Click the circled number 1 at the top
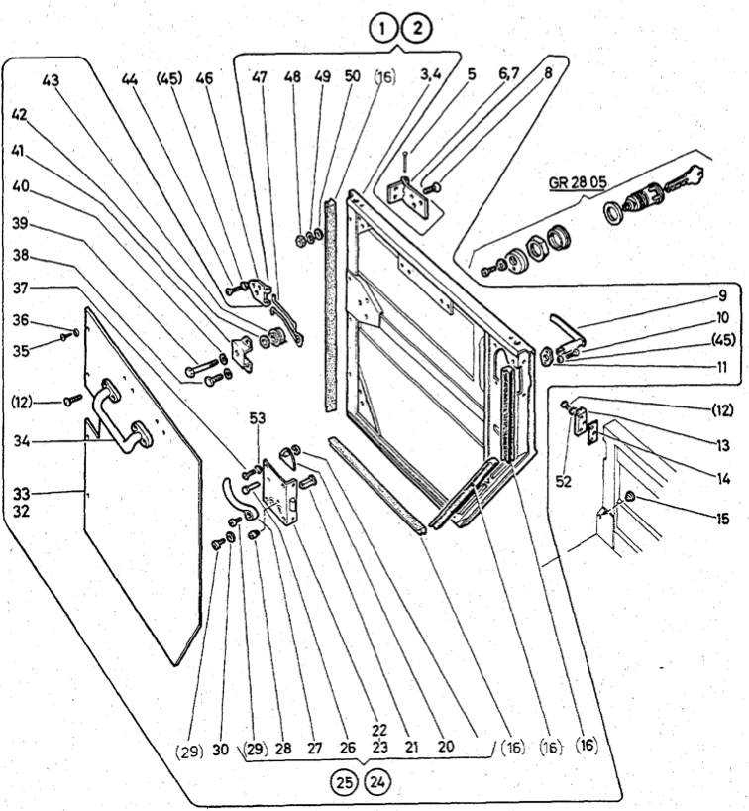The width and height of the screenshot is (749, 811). pyautogui.click(x=383, y=28)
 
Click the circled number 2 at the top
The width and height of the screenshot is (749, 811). pyautogui.click(x=417, y=28)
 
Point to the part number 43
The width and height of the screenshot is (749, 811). pyautogui.click(x=52, y=78)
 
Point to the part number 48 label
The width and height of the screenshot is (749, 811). pyautogui.click(x=291, y=76)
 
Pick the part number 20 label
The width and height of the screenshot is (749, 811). pyautogui.click(x=445, y=749)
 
